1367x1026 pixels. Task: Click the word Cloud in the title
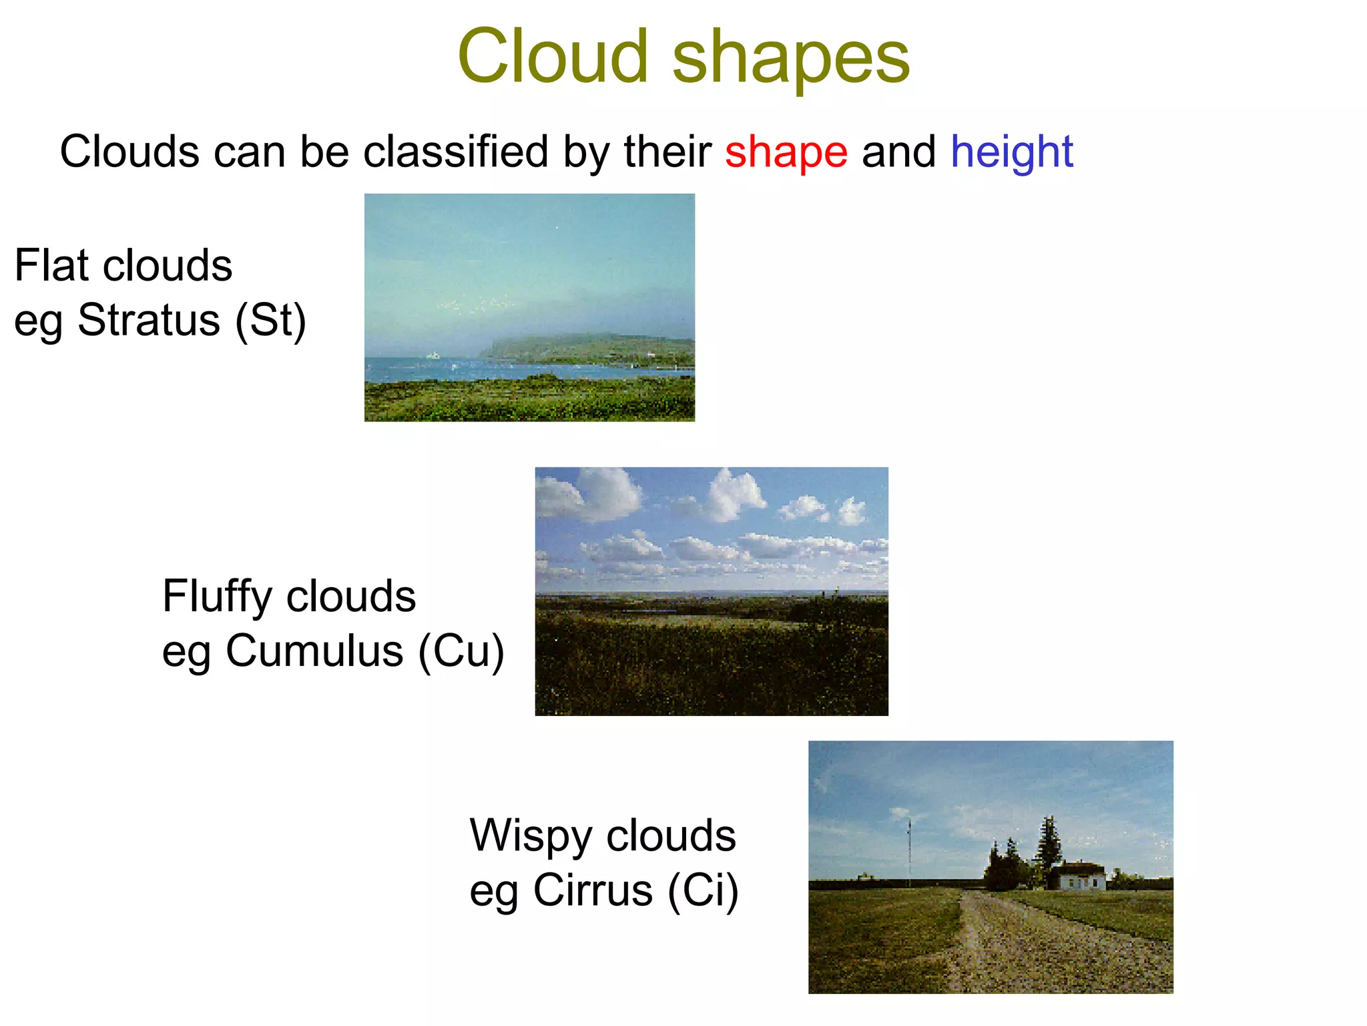point(553,57)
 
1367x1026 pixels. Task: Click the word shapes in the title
point(790,60)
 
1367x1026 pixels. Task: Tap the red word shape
point(786,152)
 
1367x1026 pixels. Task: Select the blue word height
point(1011,152)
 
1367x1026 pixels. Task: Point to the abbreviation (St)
point(270,321)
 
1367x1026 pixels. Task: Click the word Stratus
point(149,321)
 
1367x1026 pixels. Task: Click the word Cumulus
point(314,651)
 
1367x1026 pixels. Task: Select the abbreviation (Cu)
point(461,651)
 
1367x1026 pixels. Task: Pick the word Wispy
point(531,837)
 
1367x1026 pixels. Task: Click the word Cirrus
point(593,891)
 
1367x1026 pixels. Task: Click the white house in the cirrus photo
point(1081,876)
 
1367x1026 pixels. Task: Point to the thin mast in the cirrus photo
point(909,848)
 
